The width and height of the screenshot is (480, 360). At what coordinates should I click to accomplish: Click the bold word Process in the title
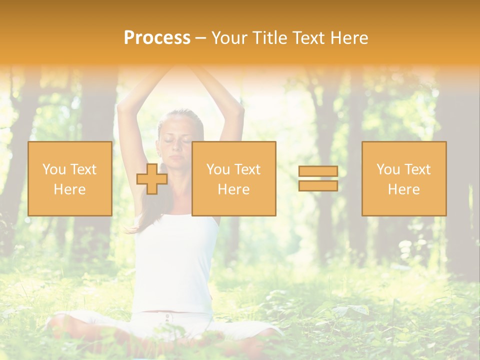point(157,38)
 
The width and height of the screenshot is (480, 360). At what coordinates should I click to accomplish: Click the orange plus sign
point(152,178)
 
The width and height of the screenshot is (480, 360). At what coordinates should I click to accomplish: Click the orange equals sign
point(318,178)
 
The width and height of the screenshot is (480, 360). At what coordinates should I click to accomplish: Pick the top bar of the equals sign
point(318,171)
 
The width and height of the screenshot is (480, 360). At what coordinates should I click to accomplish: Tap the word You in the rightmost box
point(387,169)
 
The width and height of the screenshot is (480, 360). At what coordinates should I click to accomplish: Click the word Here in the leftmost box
point(69,189)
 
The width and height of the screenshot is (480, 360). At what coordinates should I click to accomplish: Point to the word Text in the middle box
point(247,169)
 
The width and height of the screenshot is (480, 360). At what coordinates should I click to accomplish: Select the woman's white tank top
point(175,260)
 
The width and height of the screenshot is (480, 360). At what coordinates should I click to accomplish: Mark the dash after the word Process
point(200,38)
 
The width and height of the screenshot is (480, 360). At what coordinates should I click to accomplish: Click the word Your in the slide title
point(228,38)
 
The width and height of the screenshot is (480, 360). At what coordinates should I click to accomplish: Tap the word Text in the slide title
point(308,38)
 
